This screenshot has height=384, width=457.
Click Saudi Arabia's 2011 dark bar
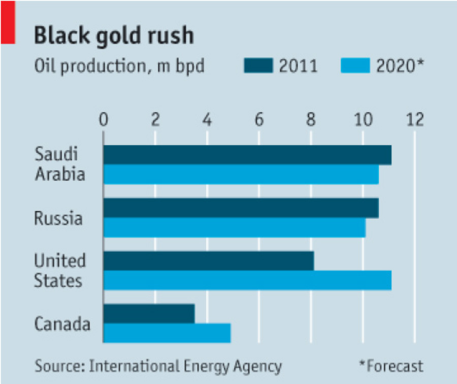[247, 155]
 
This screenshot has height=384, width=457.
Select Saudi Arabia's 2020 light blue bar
[241, 174]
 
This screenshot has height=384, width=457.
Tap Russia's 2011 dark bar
[241, 208]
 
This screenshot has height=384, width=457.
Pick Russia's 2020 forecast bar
[235, 227]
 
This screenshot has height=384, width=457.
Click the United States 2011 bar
[209, 261]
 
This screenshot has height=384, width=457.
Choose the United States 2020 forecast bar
[247, 280]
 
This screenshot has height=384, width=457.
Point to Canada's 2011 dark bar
[149, 313]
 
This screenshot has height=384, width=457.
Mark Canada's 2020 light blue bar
[167, 333]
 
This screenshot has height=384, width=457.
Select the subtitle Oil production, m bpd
[119, 66]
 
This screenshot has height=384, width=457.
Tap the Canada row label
[62, 324]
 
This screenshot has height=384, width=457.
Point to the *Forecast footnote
[391, 366]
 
